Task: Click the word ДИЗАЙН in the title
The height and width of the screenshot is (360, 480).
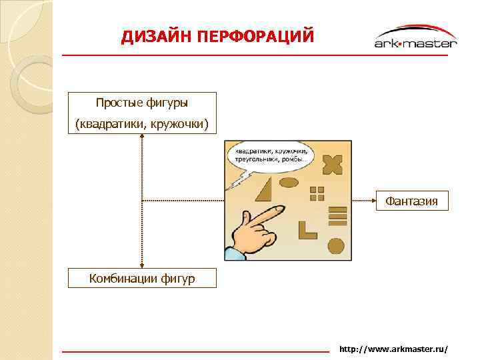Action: coord(155,37)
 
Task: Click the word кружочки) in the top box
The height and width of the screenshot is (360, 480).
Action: coord(179,124)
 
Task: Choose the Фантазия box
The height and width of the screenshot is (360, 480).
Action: coord(411,201)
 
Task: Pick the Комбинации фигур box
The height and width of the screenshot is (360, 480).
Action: coord(143,278)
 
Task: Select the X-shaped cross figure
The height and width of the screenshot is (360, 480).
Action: coord(331,164)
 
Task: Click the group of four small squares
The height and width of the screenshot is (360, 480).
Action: coord(317,193)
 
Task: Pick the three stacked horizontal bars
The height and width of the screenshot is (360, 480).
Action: coord(339,216)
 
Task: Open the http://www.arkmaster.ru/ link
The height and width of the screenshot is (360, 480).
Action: coord(393,349)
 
